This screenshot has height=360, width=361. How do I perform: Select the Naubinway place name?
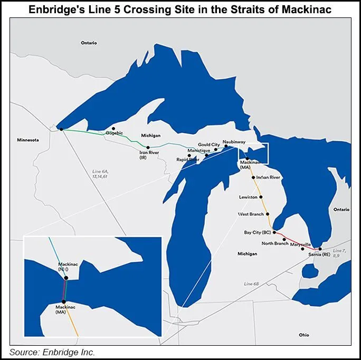click(233, 142)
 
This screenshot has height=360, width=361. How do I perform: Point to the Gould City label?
click(208, 145)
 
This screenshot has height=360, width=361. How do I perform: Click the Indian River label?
click(268, 177)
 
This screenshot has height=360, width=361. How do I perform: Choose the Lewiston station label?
click(248, 197)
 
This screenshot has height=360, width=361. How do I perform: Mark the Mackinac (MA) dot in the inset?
click(64, 301)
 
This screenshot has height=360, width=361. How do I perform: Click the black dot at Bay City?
click(274, 232)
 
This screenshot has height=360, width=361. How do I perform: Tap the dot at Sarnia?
click(320, 248)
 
